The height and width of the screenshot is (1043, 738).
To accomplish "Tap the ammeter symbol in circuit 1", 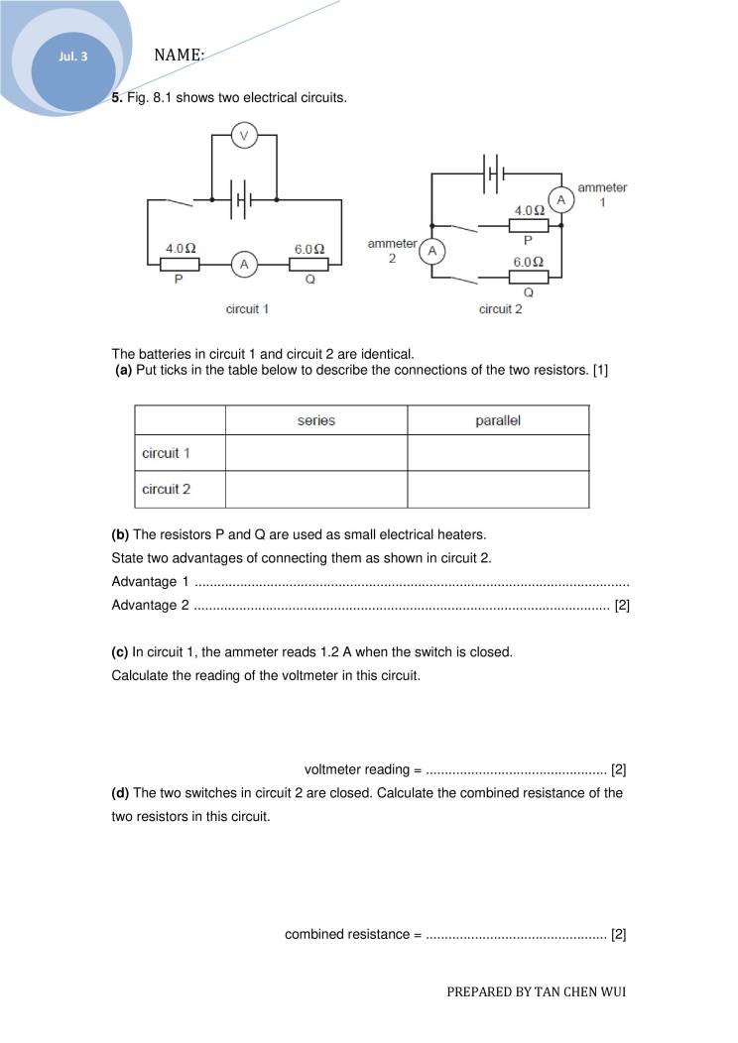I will tap(244, 264).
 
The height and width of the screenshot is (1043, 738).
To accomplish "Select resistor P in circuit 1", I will tap(181, 265).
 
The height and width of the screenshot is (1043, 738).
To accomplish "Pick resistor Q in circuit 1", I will tap(309, 265).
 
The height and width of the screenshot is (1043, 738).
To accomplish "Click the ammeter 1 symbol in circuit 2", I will tap(561, 200).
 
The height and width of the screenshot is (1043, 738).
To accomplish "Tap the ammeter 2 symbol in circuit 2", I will tap(431, 252).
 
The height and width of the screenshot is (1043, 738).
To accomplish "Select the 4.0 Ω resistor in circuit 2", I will tap(529, 225).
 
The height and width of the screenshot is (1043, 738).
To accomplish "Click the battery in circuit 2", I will tap(494, 174).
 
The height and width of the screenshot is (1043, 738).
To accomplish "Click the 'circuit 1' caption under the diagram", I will tap(248, 309).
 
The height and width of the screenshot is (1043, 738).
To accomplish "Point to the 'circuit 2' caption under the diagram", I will tap(500, 309).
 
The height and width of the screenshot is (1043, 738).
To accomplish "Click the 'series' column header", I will tap(316, 420).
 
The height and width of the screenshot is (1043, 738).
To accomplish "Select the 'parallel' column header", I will tap(498, 420).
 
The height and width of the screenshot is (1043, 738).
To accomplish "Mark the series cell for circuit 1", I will tap(316, 453).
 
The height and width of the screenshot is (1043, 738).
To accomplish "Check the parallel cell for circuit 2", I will tap(498, 489).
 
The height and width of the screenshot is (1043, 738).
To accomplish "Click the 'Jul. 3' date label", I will tap(72, 57).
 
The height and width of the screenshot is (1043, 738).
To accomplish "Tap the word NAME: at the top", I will tap(180, 56).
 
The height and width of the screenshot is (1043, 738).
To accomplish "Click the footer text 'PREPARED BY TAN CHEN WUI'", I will tap(537, 990).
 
